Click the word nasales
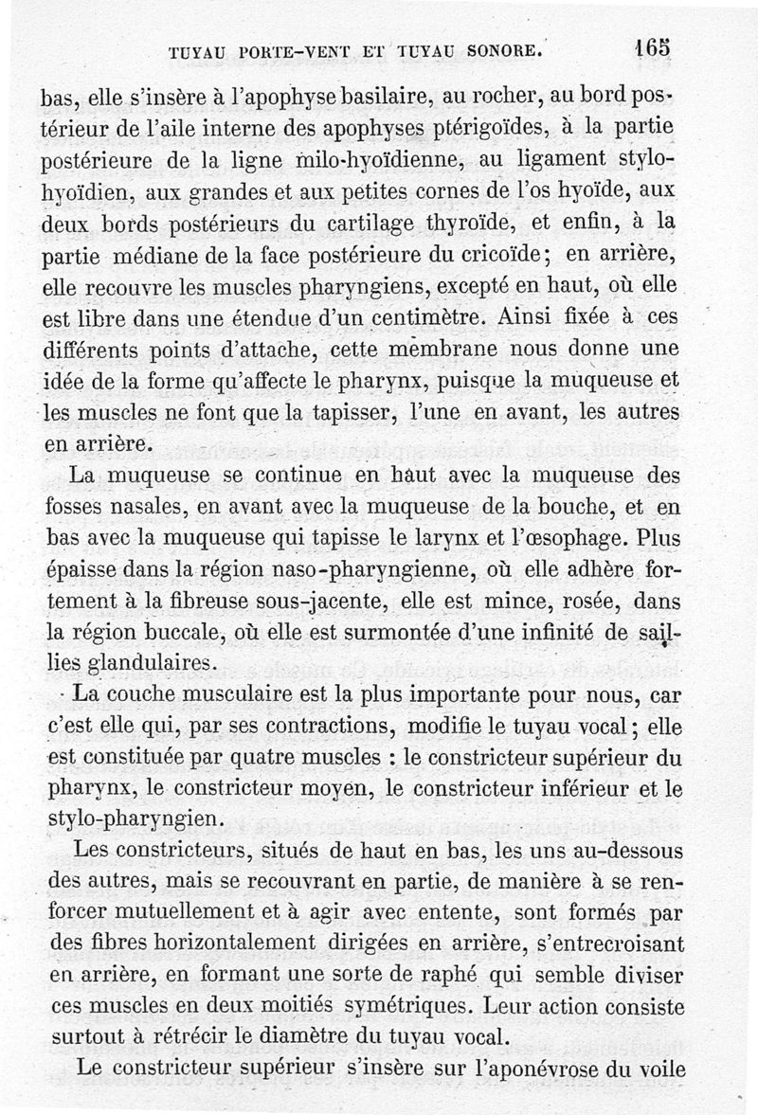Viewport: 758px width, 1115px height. pos(142,507)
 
